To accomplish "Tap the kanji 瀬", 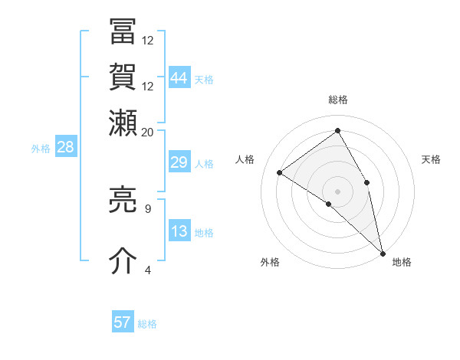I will [x=123, y=122].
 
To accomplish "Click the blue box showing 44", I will [x=179, y=77].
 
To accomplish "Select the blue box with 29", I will [x=179, y=162].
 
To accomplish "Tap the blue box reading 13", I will [x=179, y=231].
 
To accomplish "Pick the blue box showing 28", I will [x=65, y=148].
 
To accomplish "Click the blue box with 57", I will [x=123, y=322].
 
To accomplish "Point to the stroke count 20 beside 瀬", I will [x=147, y=132].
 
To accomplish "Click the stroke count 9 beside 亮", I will [x=147, y=208].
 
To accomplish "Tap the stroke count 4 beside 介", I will [x=147, y=270].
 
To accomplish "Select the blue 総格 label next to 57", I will [x=147, y=324].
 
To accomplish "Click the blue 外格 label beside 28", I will [x=41, y=149].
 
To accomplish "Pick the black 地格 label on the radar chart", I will [x=402, y=263].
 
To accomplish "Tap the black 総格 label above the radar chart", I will [x=338, y=100].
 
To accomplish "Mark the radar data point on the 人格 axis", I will [x=280, y=172].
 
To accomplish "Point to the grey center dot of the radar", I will [x=337, y=191].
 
